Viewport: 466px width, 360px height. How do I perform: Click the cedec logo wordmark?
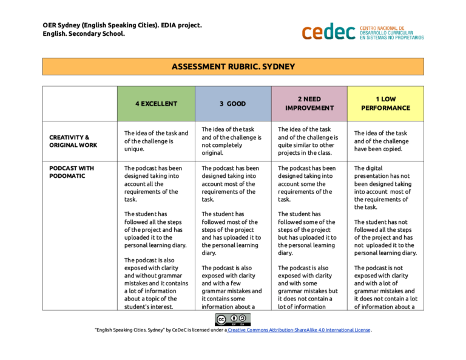(328, 32)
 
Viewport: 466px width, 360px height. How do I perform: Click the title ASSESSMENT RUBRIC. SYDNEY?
(233, 66)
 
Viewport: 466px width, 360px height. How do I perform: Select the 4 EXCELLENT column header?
(156, 103)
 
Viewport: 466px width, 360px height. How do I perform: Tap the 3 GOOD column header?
(232, 103)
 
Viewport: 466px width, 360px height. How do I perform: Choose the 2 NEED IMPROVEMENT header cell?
(309, 103)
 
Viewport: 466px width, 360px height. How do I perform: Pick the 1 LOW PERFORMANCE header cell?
(385, 103)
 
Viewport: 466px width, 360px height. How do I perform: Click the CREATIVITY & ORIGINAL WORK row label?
(70, 141)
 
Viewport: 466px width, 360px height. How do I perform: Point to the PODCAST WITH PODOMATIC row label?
(71, 172)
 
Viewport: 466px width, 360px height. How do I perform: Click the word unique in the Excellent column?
(135, 149)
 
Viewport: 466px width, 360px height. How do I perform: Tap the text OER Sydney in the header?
(62, 25)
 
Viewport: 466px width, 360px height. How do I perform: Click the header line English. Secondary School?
(84, 34)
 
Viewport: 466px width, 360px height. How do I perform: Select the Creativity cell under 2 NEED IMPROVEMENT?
(308, 141)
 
